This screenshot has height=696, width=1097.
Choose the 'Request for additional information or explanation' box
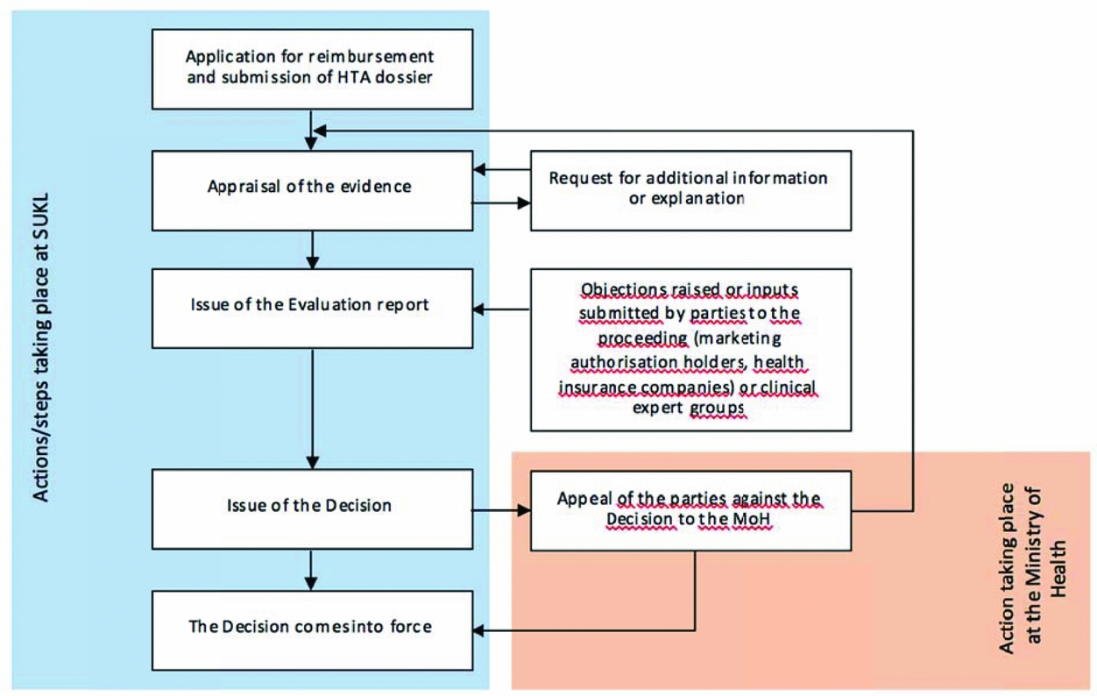[690, 188]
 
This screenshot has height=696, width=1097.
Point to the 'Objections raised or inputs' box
[690, 350]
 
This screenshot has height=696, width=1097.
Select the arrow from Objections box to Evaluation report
[501, 309]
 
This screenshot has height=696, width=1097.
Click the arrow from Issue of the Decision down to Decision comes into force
[312, 569]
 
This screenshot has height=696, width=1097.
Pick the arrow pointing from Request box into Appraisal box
[501, 172]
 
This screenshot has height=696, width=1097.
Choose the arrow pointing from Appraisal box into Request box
[501, 203]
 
